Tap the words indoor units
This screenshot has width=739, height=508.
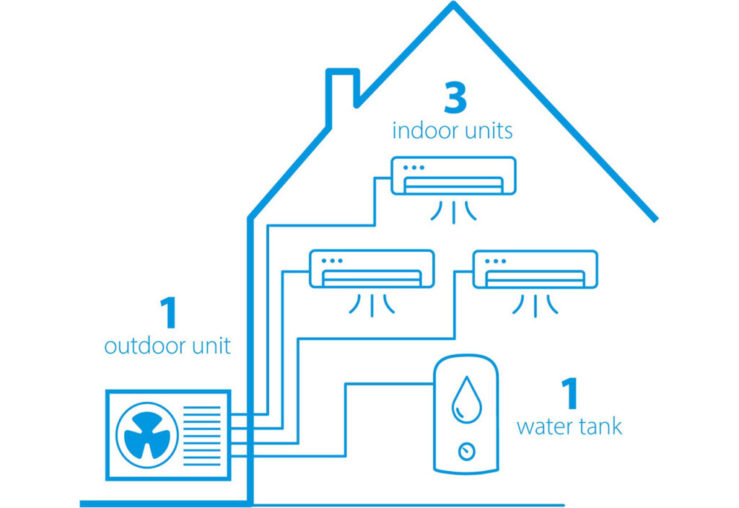pos(452,131)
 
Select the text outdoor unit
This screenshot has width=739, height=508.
pos(167,346)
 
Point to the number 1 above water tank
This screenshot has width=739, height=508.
pos(569,394)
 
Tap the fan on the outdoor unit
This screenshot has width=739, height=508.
pos(147,434)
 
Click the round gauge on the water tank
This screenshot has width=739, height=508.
pos(467,452)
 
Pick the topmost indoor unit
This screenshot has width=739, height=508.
pos(453,175)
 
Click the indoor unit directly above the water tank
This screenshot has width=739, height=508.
pos(535,269)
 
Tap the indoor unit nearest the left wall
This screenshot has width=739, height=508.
pos(372,269)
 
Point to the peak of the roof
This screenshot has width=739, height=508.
pos(453,6)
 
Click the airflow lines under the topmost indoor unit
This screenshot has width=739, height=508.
pos(453,211)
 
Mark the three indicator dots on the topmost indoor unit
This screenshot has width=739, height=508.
pos(414,167)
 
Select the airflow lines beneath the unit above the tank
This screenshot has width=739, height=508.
pos(535,305)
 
